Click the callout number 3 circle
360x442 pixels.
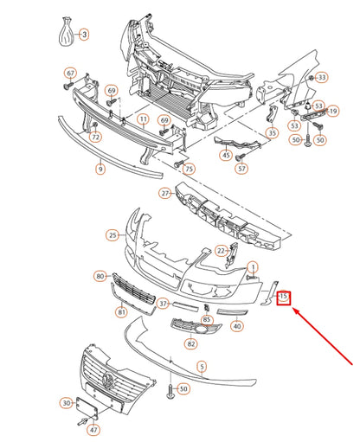coord(84,35)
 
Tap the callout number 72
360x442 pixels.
coord(96,138)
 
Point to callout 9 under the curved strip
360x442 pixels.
coord(100,170)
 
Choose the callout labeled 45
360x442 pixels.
coord(226,156)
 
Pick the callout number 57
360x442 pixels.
coord(242,170)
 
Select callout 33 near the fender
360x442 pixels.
coord(322,77)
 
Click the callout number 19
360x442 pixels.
coord(333,111)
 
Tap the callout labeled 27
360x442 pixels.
coord(165,194)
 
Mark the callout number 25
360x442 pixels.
coord(112,234)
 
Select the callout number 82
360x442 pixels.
coord(190,343)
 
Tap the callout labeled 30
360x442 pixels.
coord(66,402)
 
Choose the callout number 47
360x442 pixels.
coord(93,429)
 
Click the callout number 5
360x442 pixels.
coord(202,367)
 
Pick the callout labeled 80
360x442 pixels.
coord(100,277)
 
